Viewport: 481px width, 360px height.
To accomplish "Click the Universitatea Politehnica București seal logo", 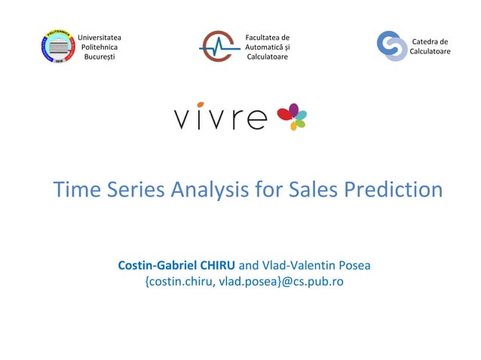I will click(57, 47).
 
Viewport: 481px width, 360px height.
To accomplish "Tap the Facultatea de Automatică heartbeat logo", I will click(219, 47).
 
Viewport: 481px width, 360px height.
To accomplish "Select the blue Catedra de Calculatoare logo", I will click(391, 46).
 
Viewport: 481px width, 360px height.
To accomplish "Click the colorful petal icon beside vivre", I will click(292, 117).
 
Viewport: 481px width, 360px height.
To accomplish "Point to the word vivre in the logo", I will click(221, 118).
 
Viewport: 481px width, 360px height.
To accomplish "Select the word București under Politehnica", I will click(100, 57).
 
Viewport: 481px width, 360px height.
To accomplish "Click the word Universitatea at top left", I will click(100, 37).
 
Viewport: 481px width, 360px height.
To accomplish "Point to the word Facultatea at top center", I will click(268, 37).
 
